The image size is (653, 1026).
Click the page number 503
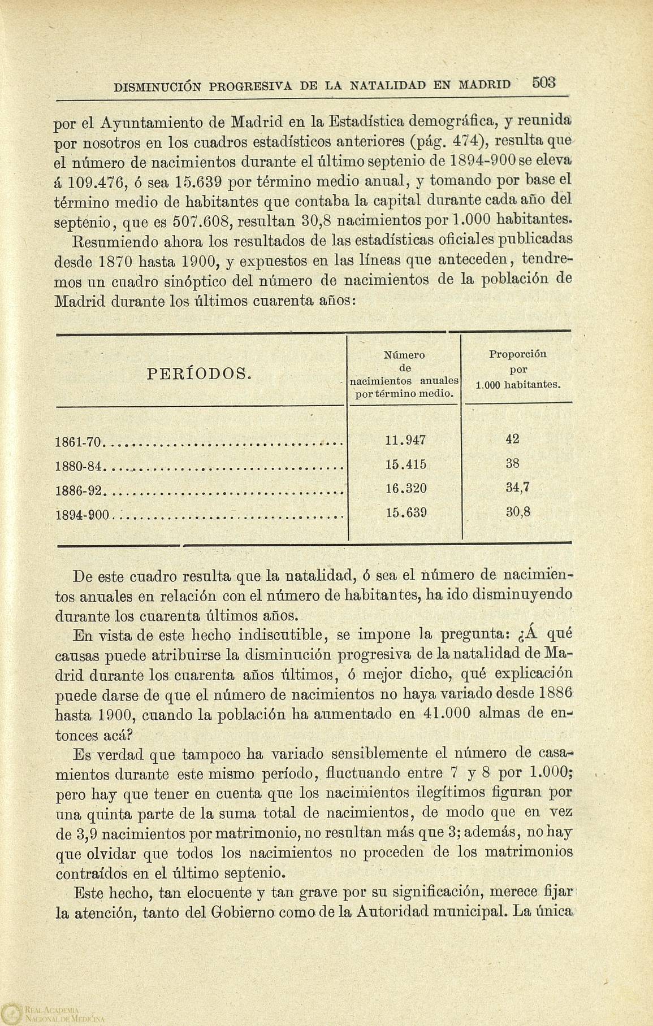[x=544, y=83]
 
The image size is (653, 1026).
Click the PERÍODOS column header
[x=198, y=373]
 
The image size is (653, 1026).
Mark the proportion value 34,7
[x=517, y=488]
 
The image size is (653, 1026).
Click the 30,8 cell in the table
[x=517, y=513]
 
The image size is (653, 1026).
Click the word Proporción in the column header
[x=517, y=355]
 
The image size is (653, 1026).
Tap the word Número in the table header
[x=404, y=355]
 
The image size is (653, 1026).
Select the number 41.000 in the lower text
[x=446, y=713]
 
